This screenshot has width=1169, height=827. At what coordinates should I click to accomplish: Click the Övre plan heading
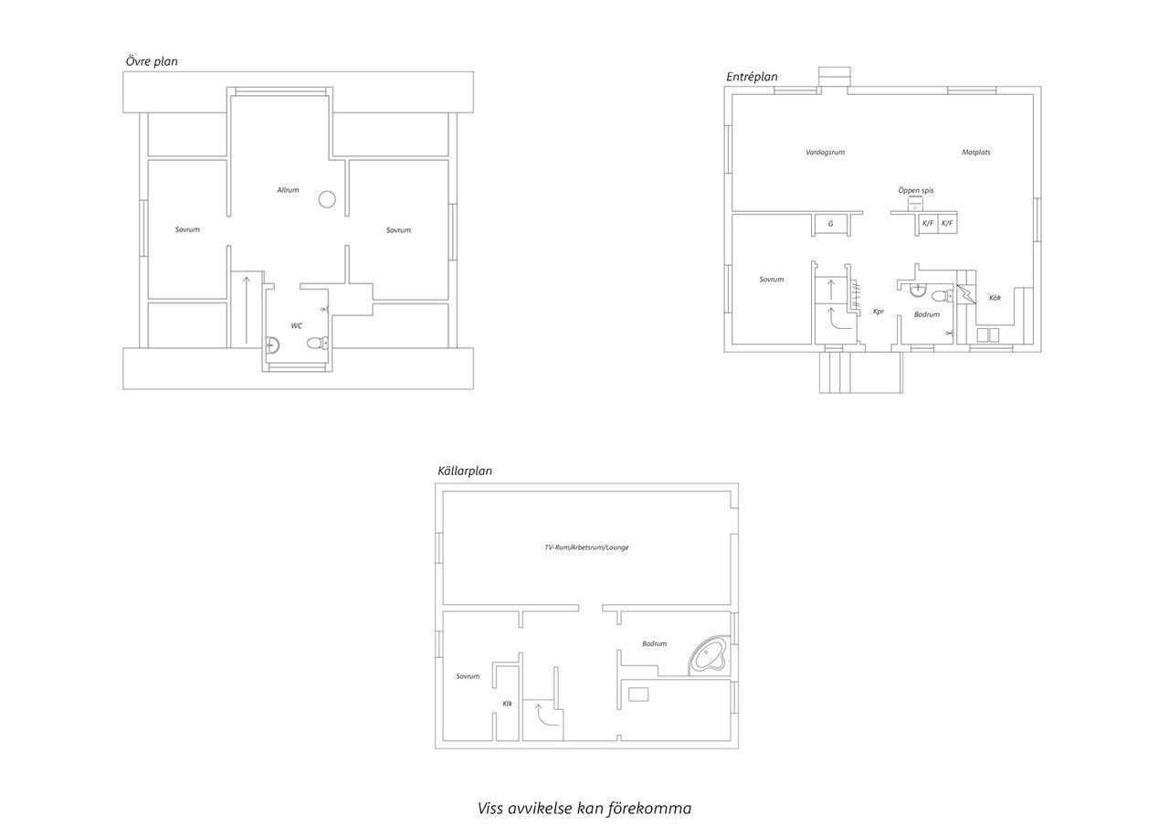pos(152,61)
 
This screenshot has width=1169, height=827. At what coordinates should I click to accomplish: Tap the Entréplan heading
pos(752,77)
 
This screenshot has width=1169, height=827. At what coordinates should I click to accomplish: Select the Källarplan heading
pos(465,471)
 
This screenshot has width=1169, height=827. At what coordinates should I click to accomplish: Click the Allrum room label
pos(288,190)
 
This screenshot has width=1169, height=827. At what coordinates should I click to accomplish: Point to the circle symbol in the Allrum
pos(327,199)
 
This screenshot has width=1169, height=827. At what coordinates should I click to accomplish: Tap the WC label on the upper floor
pos(297,326)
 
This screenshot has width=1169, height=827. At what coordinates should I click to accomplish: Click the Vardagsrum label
pos(825,153)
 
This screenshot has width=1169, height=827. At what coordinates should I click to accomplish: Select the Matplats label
pos(976,153)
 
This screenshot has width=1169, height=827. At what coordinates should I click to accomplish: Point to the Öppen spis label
pos(916,191)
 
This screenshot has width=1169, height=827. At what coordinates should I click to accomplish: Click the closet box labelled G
pos(831,224)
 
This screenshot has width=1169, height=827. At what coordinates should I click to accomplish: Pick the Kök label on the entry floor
pos(995,298)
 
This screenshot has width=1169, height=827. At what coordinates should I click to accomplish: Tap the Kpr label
pos(879,312)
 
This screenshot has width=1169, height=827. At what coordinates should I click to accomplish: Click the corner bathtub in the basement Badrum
pos(708,655)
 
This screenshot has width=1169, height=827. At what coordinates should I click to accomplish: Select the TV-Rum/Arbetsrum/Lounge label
pos(586,547)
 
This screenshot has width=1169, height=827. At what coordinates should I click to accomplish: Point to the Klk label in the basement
pos(507,704)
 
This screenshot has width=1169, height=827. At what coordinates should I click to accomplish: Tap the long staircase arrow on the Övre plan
pos(246,310)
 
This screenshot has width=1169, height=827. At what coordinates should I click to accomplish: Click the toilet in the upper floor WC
pos(316,343)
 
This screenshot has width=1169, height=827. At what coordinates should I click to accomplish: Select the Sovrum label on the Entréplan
pos(772,280)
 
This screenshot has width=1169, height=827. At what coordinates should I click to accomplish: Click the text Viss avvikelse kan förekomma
pos(584,808)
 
